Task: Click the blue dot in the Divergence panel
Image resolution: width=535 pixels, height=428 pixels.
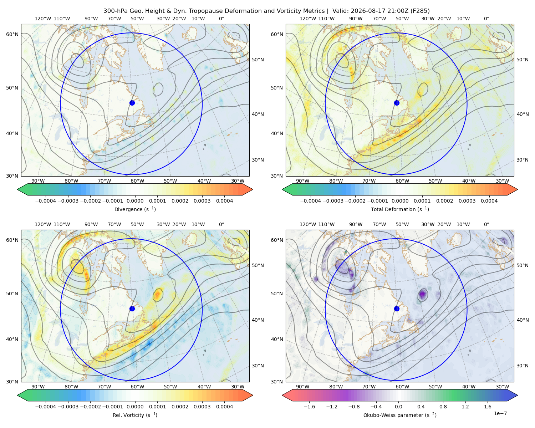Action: pos(132,103)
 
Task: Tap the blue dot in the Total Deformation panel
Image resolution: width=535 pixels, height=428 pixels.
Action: pos(397,103)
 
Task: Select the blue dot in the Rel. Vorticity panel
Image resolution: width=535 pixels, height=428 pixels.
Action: pos(132,309)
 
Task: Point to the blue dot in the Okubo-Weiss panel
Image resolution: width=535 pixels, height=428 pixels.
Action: pos(397,309)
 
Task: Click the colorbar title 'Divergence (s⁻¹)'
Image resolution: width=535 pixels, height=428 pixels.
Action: pos(135,209)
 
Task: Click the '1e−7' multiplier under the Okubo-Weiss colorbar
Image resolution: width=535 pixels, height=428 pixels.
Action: pos(500,414)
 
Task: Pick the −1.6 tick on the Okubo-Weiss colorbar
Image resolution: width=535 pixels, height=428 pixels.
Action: pos(309,407)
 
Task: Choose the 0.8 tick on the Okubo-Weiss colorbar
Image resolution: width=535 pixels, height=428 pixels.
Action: pos(443,407)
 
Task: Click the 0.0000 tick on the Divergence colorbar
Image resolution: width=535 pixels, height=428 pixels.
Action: pos(135,201)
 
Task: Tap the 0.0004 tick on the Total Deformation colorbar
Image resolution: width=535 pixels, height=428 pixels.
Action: pos(489,201)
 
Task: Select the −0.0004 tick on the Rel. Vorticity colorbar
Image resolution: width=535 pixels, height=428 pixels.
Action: pos(46,407)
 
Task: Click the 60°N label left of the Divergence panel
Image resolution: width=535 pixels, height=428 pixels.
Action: pos(12,34)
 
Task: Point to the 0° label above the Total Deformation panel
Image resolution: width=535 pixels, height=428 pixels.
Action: pos(486,19)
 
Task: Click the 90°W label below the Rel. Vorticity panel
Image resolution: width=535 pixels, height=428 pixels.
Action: pos(38,387)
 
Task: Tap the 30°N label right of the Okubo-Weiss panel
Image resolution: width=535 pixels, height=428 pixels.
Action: pos(523,366)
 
